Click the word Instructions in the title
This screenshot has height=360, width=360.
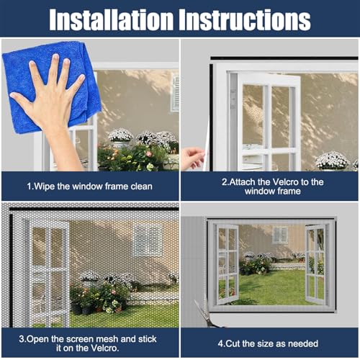(x=248, y=19)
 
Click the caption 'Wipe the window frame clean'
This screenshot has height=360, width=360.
(x=90, y=186)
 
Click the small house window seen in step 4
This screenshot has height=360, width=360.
(x=279, y=235)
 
